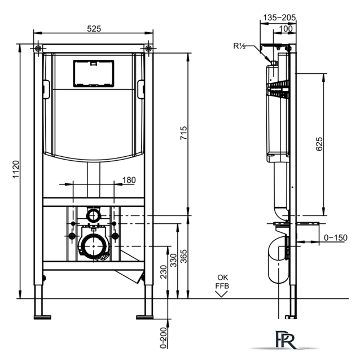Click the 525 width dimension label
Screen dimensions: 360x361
click(94, 29)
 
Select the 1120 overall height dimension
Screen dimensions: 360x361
click(16, 169)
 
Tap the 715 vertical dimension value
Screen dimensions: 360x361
click(183, 133)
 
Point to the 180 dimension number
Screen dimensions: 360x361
click(129, 180)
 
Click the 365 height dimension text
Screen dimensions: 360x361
click(183, 256)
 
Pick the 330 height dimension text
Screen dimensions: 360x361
click(173, 261)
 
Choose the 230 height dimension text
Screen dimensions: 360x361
click(163, 272)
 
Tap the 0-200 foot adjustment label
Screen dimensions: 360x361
click(163, 337)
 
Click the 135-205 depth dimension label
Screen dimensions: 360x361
click(279, 17)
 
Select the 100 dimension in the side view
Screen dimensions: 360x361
click(286, 29)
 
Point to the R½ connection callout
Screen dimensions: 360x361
click(240, 46)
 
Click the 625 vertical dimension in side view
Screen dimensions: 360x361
click(319, 144)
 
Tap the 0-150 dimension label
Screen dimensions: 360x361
click(336, 237)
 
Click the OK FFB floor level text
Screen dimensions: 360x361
click(222, 281)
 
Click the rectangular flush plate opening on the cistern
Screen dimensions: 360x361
click(94, 74)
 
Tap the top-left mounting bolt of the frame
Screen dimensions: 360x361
click(38, 49)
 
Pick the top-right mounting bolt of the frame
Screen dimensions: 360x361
click(148, 49)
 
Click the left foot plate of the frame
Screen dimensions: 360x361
click(42, 317)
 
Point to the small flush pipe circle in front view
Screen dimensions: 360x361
click(94, 216)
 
